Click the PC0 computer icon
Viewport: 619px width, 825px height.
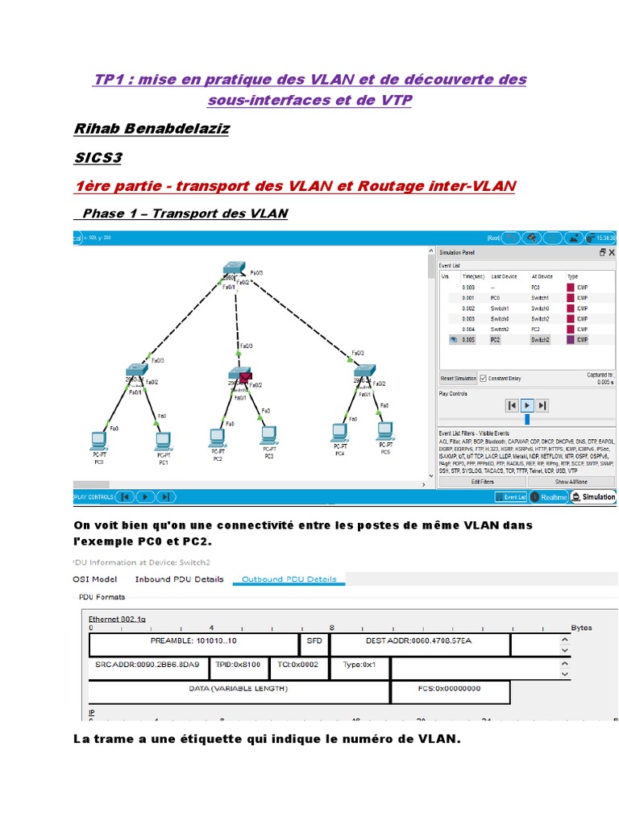tap(99, 440)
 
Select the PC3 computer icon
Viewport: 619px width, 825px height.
tap(268, 435)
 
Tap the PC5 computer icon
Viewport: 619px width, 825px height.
tap(385, 429)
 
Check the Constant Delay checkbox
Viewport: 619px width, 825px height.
tap(484, 378)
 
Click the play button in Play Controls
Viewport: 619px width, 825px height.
tap(527, 405)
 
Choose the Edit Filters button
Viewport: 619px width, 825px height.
tap(482, 481)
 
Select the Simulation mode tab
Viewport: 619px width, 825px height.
tap(594, 497)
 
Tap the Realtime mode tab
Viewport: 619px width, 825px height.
tap(549, 497)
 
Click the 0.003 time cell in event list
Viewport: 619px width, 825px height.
tap(468, 318)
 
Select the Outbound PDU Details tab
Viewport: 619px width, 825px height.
tap(289, 578)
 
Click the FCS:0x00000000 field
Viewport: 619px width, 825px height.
tap(450, 689)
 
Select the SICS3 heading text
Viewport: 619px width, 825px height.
tap(98, 157)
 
